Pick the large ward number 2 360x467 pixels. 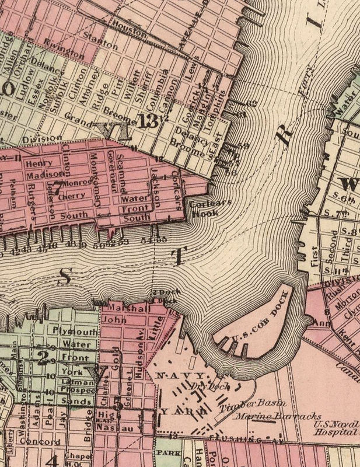42,358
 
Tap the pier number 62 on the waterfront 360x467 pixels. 251,103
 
